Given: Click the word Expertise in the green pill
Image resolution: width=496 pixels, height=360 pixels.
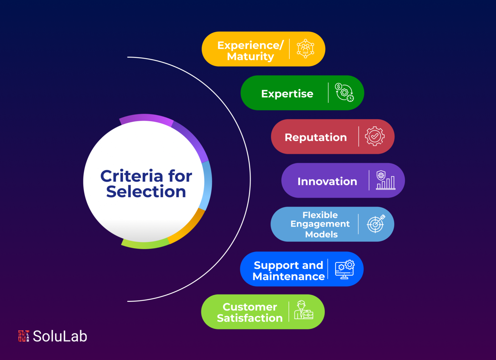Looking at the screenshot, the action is tap(287, 94).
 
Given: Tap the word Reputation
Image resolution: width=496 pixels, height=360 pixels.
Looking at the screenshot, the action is tap(316, 137).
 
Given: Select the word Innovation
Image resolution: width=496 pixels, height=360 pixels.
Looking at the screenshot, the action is tap(327, 181).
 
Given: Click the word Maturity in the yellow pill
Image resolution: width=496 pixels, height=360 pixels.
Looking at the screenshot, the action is tap(251, 57).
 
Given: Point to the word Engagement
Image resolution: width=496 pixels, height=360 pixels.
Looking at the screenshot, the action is tap(320, 224).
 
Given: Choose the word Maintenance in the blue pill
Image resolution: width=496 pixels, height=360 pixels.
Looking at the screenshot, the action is tap(288, 276).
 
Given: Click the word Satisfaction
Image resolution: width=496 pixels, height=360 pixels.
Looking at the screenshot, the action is tap(250, 318).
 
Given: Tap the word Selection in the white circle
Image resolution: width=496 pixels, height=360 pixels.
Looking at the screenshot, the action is tap(146, 191).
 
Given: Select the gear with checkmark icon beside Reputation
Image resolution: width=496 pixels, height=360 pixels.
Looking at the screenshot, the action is tap(375, 136).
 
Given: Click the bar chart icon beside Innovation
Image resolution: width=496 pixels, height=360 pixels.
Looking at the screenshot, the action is tap(386, 180).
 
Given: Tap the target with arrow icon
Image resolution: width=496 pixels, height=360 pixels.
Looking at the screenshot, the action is tap(376, 224).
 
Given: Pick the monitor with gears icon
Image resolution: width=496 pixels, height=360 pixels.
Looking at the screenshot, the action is tap(345, 269).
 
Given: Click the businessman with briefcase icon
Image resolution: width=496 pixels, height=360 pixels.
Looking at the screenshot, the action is tap(304, 310).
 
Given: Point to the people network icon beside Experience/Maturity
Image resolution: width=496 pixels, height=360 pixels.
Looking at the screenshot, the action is tap(305, 49).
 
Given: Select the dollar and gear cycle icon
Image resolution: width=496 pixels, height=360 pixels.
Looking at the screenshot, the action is tap(344, 93).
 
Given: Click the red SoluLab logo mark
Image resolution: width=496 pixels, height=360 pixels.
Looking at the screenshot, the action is tap(24, 336).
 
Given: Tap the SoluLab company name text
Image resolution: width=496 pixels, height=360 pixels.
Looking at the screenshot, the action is tap(60, 336).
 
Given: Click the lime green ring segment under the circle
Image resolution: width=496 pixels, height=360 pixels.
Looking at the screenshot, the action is tap(145, 244).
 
